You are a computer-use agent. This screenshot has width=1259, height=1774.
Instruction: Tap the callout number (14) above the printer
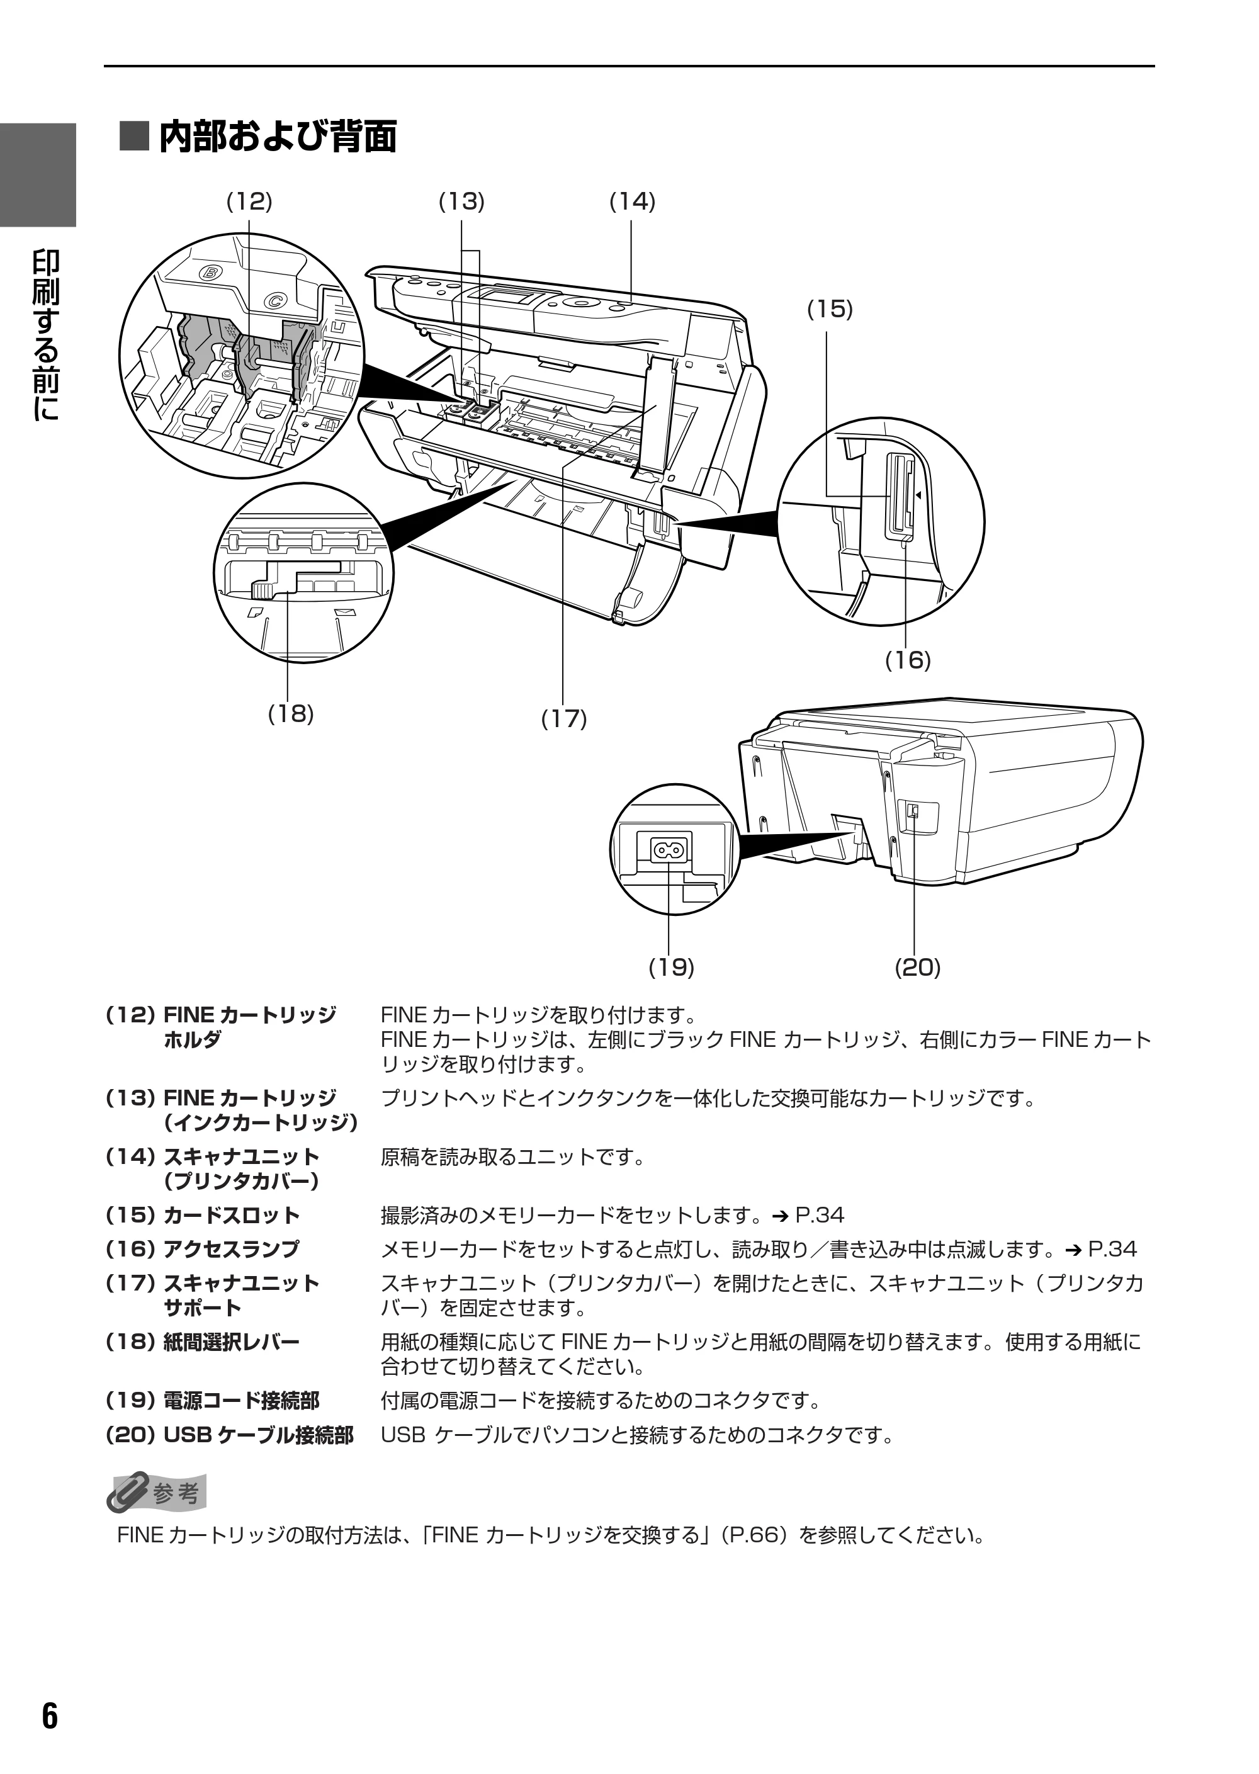coord(633,201)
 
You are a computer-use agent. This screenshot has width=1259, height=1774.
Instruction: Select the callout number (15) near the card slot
coord(830,309)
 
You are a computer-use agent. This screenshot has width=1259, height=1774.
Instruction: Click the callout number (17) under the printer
coord(563,719)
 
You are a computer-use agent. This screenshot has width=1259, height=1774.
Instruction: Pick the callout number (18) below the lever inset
coord(291,713)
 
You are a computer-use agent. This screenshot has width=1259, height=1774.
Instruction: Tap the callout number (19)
coord(672,968)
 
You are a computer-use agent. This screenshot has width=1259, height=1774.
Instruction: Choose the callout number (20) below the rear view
coord(918,968)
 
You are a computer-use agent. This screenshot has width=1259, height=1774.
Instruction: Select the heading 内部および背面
coord(278,137)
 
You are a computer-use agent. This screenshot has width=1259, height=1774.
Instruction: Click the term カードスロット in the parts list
coord(231,1215)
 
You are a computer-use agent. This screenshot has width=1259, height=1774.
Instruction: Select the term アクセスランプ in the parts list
coord(231,1249)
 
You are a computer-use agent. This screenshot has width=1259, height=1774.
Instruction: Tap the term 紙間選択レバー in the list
coord(231,1342)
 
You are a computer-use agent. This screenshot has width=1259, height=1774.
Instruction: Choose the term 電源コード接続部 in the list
coord(241,1401)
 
